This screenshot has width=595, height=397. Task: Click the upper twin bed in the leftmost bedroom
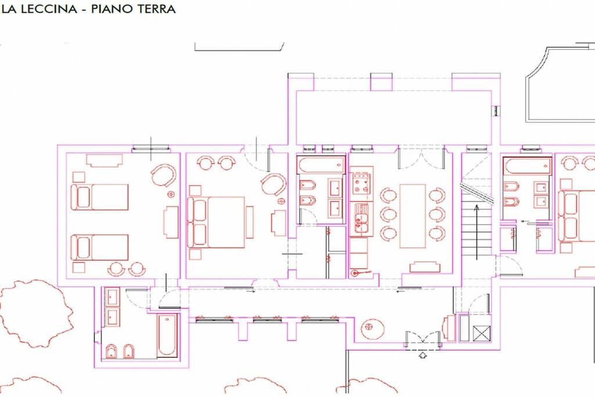click(x=100, y=197)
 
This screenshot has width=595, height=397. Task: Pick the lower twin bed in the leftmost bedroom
click(x=100, y=247)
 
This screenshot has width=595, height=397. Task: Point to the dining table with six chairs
click(x=413, y=216)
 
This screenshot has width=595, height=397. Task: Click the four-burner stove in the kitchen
click(x=361, y=184)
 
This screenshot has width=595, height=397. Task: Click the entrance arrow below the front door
click(x=422, y=355)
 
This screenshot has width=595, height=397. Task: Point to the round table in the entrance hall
click(x=372, y=328)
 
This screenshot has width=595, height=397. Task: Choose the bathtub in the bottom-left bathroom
click(x=167, y=335)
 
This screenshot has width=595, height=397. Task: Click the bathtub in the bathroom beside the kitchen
click(x=321, y=165)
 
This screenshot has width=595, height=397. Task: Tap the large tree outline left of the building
click(x=37, y=314)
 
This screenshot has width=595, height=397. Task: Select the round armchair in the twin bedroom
click(x=163, y=175)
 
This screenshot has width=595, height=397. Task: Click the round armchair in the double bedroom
click(x=274, y=184)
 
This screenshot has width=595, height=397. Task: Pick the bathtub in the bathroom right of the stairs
click(x=527, y=166)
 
